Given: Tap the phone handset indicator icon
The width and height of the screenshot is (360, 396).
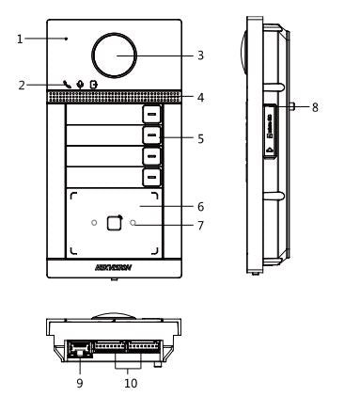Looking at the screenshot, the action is [x=67, y=84].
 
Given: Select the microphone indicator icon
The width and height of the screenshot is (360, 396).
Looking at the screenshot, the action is [x=80, y=85].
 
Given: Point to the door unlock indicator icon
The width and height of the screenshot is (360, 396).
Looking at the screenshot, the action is [x=94, y=85].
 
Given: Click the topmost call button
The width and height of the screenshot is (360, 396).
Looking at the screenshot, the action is [x=152, y=114].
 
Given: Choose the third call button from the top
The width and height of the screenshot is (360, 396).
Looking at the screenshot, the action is [x=152, y=156].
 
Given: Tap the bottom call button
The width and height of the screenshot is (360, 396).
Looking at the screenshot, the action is [x=152, y=177].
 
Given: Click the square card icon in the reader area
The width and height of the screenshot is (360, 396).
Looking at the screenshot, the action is [x=114, y=223].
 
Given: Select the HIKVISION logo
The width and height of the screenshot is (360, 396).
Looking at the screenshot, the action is [x=114, y=267].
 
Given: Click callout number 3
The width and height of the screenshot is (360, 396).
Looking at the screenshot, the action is [x=200, y=55].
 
